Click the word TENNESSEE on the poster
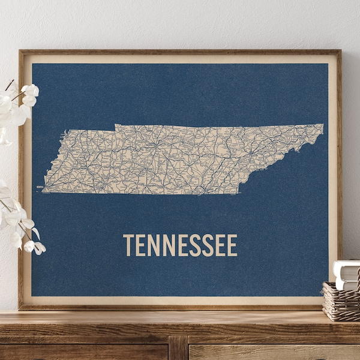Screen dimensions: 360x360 click(x=180, y=245)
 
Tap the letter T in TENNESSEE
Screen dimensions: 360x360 click(x=128, y=245)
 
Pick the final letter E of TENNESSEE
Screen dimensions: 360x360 click(x=232, y=245)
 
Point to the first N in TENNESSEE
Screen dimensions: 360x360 click(x=153, y=245)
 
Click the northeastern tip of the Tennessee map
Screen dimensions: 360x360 click(x=322, y=125)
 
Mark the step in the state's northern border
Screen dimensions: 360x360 click(x=115, y=127)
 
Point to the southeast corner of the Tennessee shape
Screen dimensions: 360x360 click(x=239, y=193)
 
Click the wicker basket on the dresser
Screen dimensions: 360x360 click(x=341, y=301)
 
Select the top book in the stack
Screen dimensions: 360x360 click(x=347, y=265)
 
